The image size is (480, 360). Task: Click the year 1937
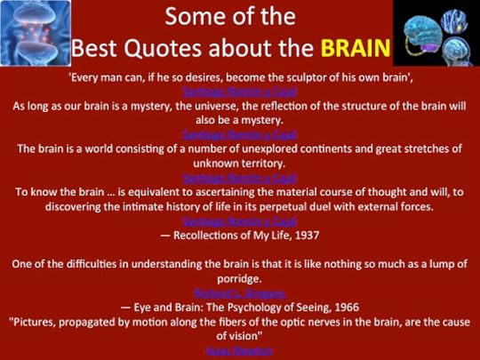click(302, 235)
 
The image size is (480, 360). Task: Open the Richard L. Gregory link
click(240, 292)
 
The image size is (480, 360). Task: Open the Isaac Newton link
click(240, 350)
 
